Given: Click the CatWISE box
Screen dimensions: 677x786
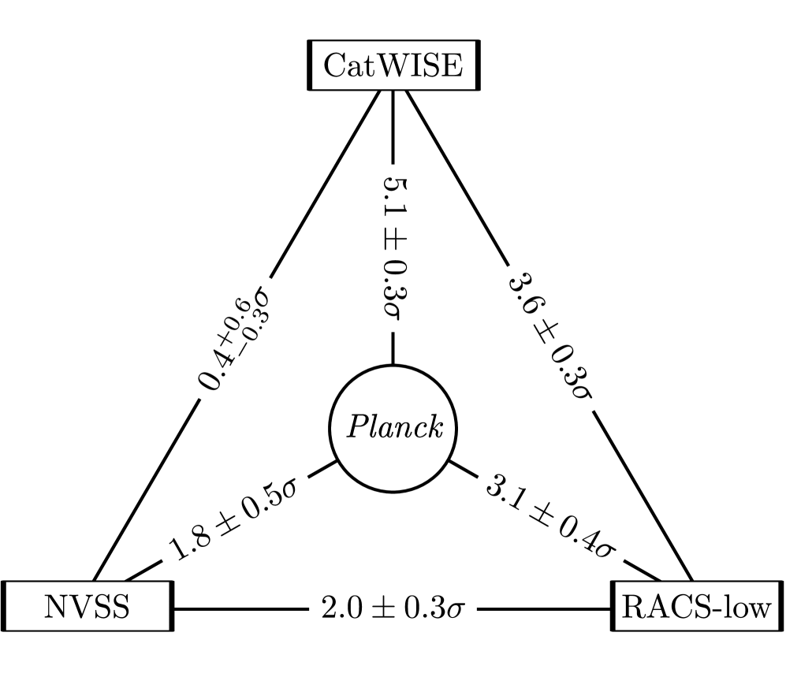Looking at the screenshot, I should (x=392, y=65).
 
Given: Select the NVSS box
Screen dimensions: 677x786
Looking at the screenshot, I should (x=87, y=608).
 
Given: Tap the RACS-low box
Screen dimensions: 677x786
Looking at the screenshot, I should (x=697, y=608).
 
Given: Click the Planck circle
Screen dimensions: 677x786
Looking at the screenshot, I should (x=392, y=430).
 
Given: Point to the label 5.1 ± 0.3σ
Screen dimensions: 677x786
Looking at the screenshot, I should (x=392, y=246).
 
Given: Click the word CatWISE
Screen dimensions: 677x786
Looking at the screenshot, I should (x=392, y=65).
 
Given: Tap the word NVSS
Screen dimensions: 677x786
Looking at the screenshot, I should (x=87, y=608).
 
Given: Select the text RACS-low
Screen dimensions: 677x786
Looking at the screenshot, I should (x=697, y=608).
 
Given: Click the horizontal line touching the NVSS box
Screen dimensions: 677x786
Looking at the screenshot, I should (x=237, y=608).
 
